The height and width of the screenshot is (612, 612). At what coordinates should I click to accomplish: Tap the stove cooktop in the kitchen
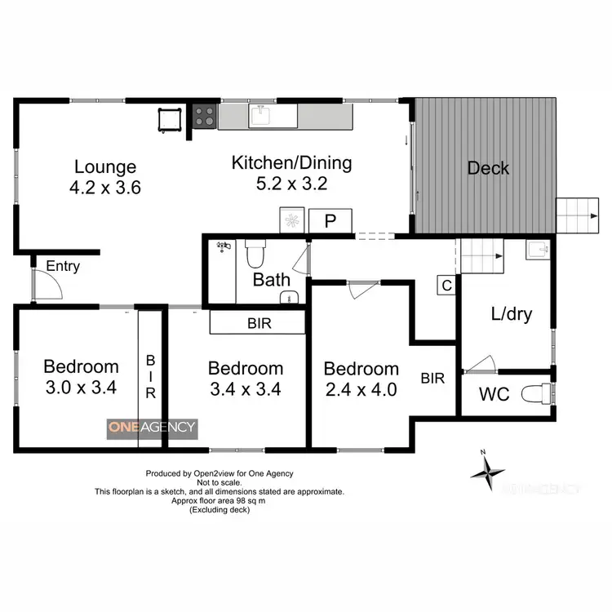coord(205,117)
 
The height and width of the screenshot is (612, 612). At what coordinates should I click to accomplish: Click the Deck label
coord(488,169)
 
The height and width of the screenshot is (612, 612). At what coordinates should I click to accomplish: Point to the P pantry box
coord(331,221)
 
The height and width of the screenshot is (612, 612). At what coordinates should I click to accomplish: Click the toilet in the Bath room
coord(254,255)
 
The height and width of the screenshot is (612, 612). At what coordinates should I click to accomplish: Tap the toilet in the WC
coord(539,394)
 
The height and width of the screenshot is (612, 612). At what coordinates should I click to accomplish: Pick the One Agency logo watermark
coord(152,427)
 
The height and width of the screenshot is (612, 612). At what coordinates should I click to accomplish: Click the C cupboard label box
coord(446,286)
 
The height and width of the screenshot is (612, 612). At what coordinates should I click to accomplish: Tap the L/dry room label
coord(512,314)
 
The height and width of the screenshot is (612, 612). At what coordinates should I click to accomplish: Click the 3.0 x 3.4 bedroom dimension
coord(81,388)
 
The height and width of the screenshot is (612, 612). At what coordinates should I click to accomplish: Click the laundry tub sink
coord(537,249)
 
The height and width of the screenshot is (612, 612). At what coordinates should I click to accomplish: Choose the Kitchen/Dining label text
coord(291,162)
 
